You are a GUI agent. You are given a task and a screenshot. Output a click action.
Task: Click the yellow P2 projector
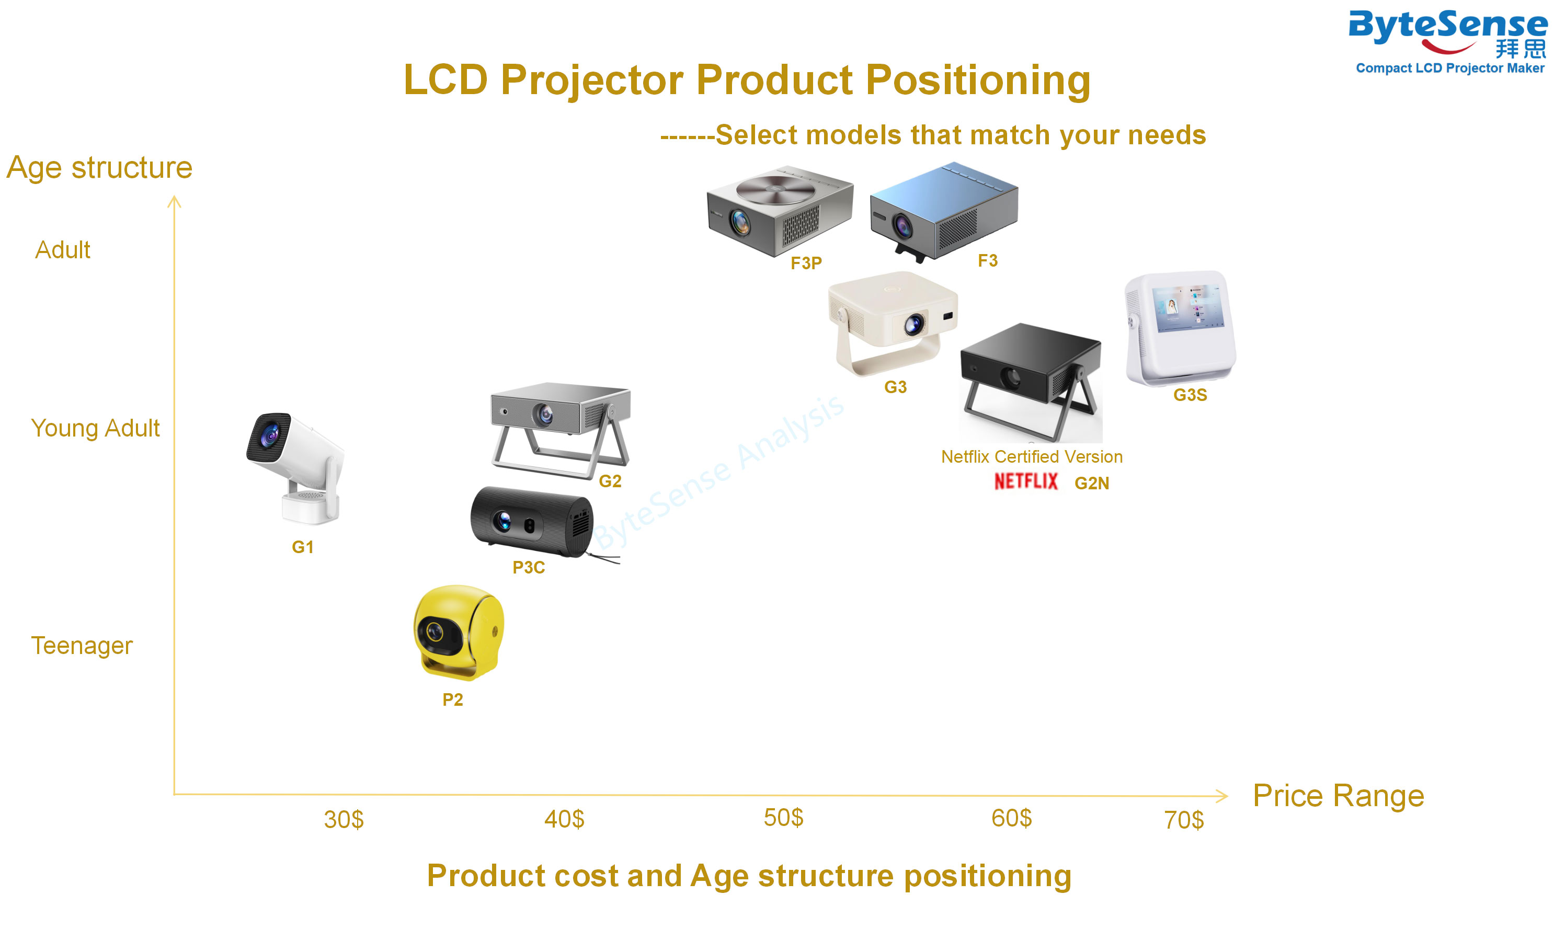click(x=459, y=633)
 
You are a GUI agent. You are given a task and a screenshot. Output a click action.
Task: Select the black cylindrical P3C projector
click(x=533, y=522)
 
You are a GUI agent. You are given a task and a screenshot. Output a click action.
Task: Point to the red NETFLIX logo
click(x=1026, y=482)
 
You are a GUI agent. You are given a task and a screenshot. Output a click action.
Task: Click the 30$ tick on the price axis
click(x=344, y=819)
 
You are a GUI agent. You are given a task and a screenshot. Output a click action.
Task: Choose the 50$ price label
click(x=783, y=818)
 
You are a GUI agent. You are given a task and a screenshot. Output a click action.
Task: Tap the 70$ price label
click(x=1184, y=820)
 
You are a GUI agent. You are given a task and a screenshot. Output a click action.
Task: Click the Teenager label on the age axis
click(x=82, y=646)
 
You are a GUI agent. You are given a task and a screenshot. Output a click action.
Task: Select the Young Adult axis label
click(x=95, y=428)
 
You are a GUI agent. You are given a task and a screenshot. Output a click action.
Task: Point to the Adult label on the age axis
click(x=62, y=250)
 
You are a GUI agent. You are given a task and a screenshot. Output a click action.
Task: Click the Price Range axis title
click(x=1338, y=796)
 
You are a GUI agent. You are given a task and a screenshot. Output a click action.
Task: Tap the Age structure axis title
click(x=99, y=168)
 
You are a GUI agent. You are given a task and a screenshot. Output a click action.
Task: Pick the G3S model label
click(x=1190, y=395)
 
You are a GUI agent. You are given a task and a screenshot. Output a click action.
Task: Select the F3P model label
click(x=806, y=263)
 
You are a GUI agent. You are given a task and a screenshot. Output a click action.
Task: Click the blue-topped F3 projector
click(x=943, y=212)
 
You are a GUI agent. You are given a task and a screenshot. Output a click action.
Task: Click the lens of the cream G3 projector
click(x=913, y=325)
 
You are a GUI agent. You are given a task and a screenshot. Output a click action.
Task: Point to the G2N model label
click(x=1092, y=483)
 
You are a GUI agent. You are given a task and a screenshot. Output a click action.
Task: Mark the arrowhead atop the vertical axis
click(x=174, y=202)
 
